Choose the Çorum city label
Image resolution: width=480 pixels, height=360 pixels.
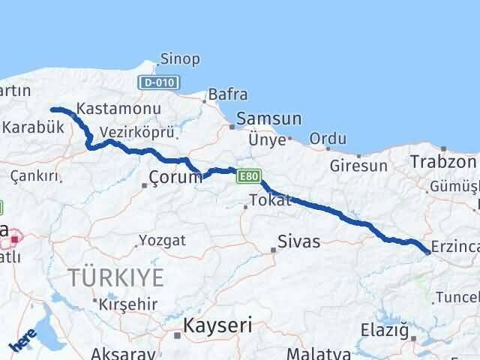point(175,178)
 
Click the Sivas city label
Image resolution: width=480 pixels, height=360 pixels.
point(298,241)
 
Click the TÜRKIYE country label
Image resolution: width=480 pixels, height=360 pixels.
point(116,277)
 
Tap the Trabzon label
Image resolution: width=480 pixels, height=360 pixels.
point(443,161)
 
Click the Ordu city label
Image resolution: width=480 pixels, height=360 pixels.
point(328,139)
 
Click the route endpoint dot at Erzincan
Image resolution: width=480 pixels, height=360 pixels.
point(427,253)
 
